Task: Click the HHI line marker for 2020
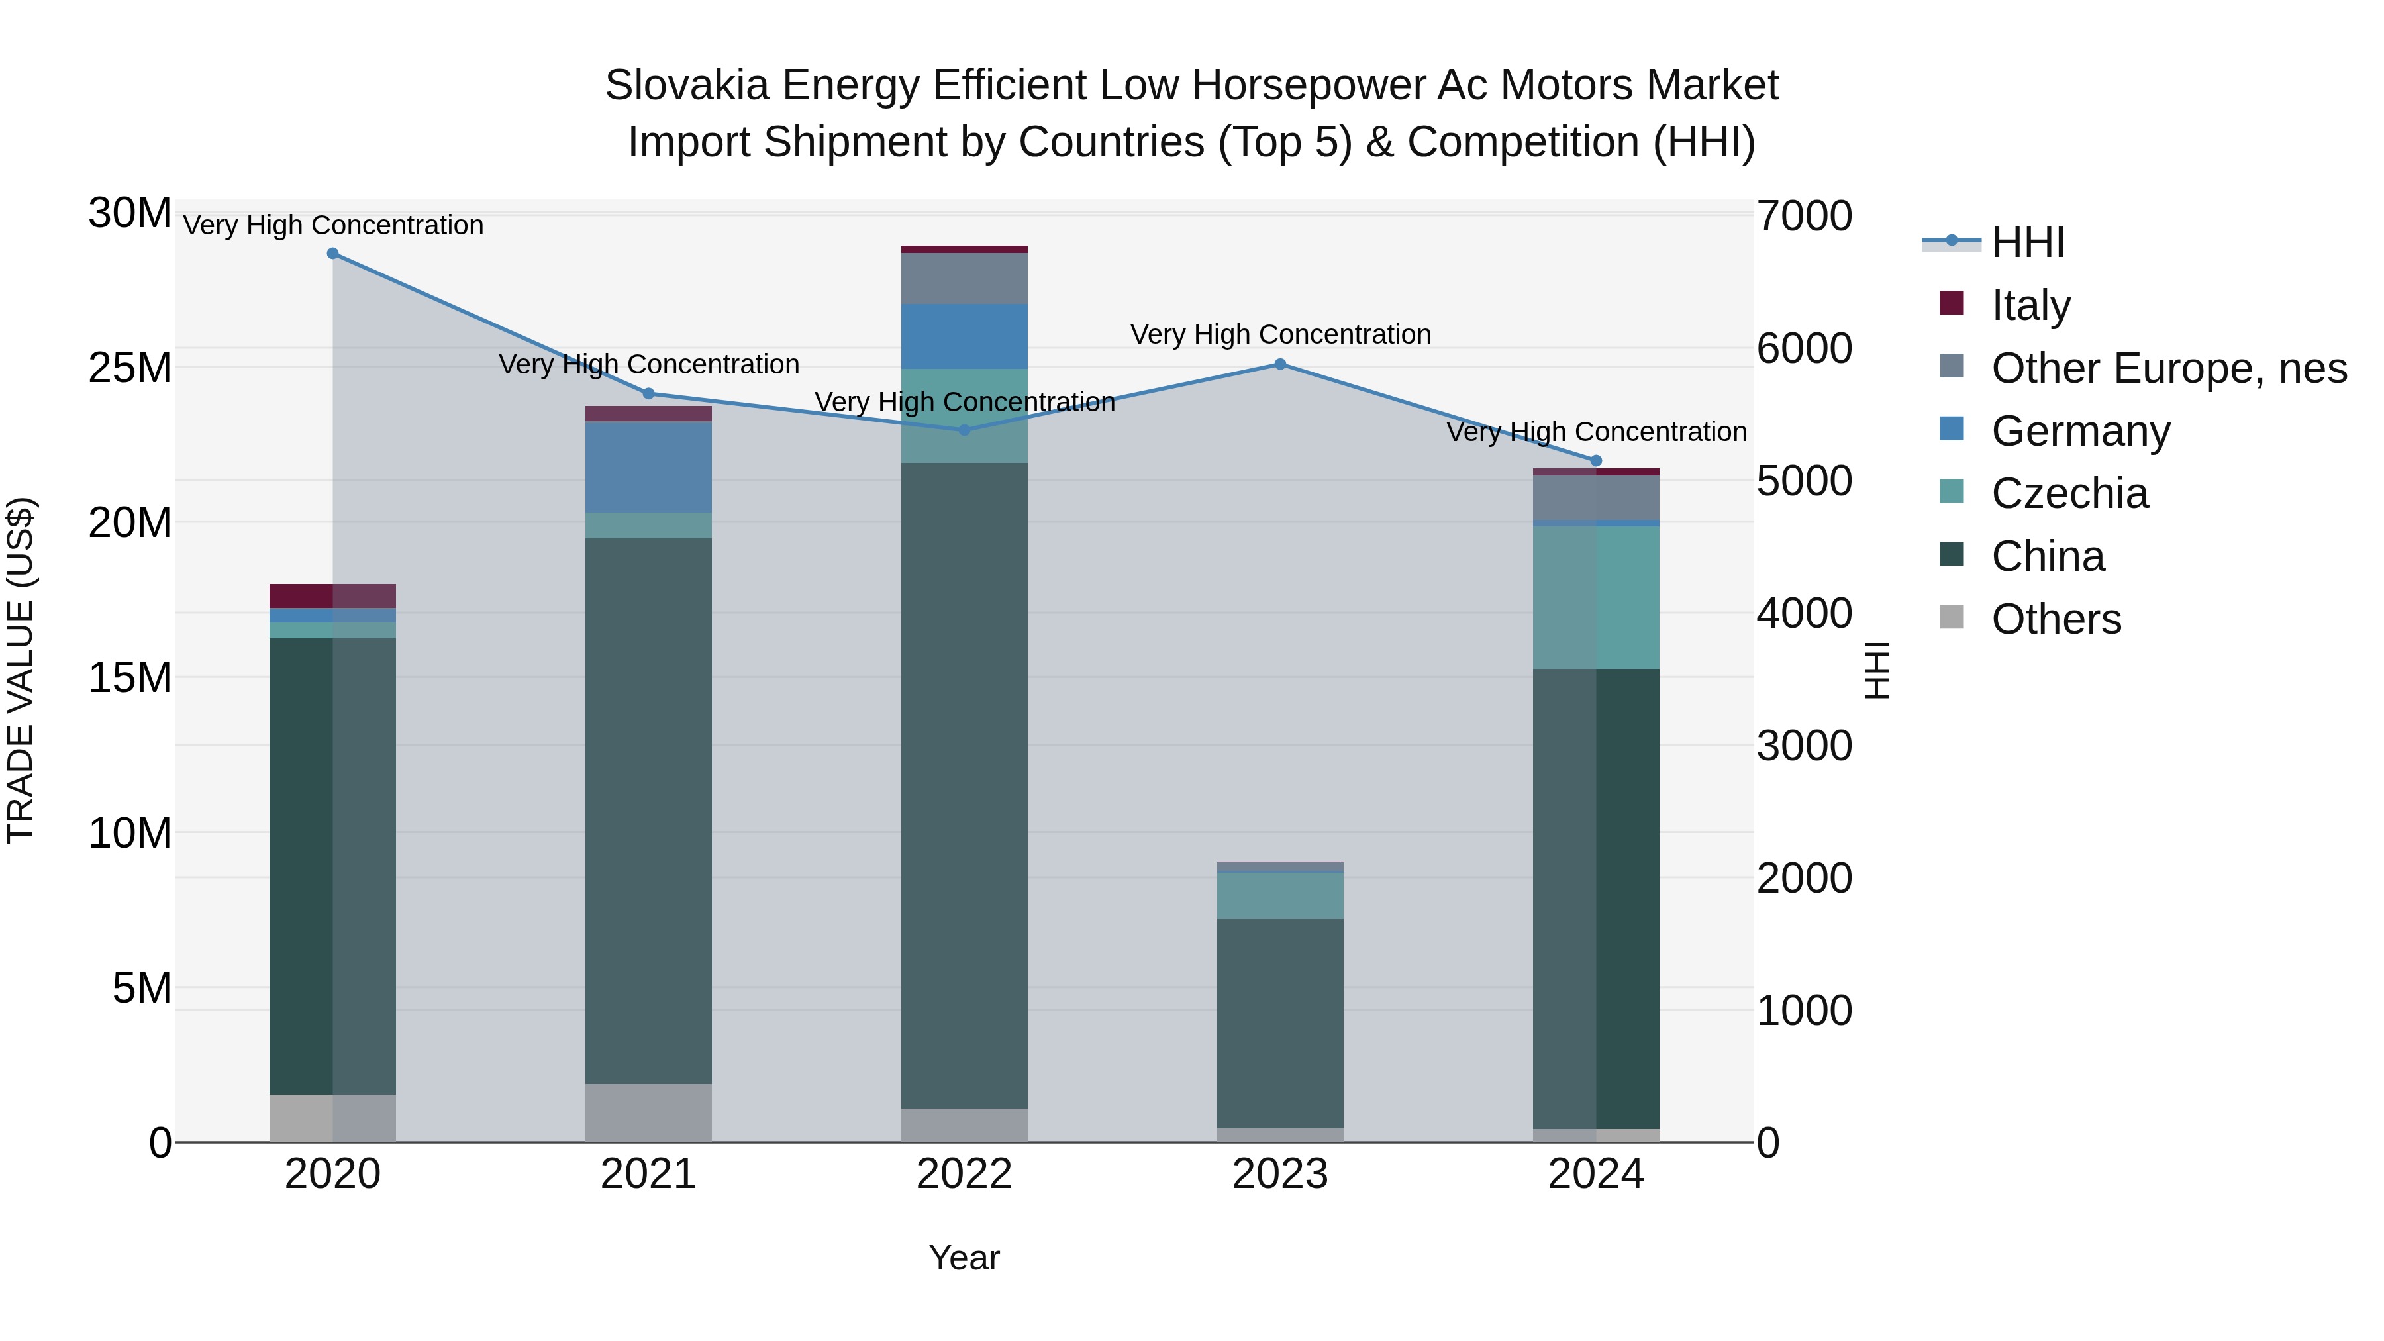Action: coord(333,254)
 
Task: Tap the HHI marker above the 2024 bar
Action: coord(1595,461)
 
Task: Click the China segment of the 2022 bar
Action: coord(964,787)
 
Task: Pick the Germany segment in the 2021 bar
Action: coord(649,468)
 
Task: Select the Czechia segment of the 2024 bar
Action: coord(1595,597)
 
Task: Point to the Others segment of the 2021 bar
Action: coord(649,1113)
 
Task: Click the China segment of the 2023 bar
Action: coord(1280,1022)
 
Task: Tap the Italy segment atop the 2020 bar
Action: coord(333,596)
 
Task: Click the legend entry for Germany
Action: coord(2079,431)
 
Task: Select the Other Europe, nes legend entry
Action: coord(2168,368)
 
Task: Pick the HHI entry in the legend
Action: coord(2027,242)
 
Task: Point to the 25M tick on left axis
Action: coord(130,368)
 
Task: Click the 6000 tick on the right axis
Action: coord(1805,349)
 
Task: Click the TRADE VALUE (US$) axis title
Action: coord(21,671)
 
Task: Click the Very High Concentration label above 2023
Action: coord(1280,334)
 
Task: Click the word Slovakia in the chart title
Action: coord(687,86)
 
